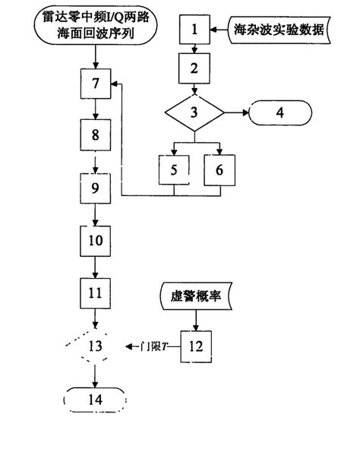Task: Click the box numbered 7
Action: point(95,84)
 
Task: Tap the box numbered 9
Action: point(95,188)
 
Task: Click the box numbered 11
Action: point(95,292)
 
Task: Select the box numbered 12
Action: point(197,346)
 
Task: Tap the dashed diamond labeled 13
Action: point(95,346)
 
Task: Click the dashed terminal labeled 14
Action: point(95,399)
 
